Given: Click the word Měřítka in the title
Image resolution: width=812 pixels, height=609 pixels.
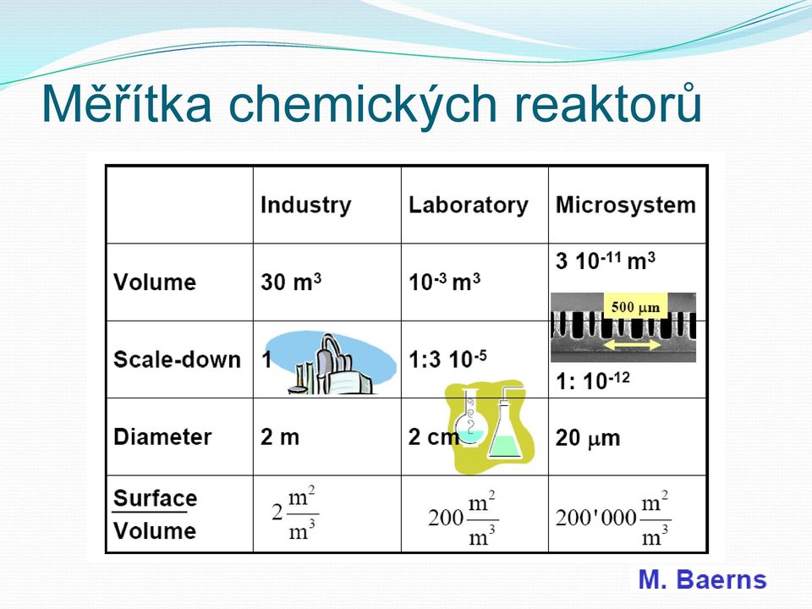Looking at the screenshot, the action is (x=128, y=102).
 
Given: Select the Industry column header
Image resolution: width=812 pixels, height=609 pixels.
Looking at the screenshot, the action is (x=305, y=205).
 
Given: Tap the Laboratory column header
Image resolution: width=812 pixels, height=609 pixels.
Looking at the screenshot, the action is (x=468, y=205).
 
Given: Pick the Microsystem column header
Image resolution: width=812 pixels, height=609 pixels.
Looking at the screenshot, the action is (x=626, y=205).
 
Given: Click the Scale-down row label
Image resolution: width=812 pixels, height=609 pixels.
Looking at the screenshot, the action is (x=177, y=359).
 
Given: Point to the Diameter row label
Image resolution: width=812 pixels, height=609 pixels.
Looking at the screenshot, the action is (x=162, y=436).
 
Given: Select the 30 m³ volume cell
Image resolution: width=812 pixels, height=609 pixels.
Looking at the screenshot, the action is (x=291, y=283).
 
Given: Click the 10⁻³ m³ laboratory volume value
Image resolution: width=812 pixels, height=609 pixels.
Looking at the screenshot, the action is (x=444, y=283).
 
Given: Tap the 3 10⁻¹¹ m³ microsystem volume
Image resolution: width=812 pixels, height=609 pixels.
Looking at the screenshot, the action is (x=606, y=261).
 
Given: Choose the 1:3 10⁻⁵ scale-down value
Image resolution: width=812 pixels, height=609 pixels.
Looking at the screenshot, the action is (x=447, y=359).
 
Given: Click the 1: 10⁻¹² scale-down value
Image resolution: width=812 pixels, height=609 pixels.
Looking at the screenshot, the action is (x=592, y=381).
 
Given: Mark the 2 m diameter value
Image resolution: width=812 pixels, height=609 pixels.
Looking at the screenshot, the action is (x=280, y=437).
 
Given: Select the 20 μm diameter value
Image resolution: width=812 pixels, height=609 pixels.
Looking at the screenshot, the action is (x=588, y=438).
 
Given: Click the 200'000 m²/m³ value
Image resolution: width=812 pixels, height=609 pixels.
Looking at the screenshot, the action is (x=613, y=518).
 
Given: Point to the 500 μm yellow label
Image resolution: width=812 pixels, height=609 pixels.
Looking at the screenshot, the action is (x=635, y=307).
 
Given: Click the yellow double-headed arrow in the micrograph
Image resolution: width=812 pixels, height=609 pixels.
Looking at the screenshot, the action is (x=633, y=345).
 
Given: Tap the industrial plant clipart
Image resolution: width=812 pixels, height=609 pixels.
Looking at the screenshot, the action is (x=330, y=364).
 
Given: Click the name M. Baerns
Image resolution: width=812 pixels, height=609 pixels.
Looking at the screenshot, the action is (x=702, y=579).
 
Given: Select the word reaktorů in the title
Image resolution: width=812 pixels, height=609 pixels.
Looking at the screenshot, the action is (x=607, y=102).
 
